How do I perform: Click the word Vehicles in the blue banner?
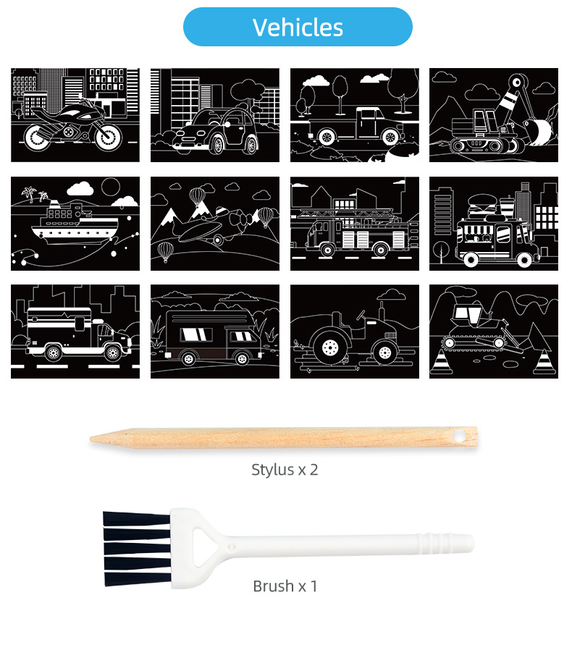(x=298, y=28)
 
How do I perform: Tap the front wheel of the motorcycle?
(x=109, y=136)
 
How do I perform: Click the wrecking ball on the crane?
(x=539, y=131)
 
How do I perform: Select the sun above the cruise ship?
(x=111, y=187)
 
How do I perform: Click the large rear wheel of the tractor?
(x=330, y=347)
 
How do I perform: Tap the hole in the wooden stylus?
(x=458, y=435)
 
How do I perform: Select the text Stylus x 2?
(x=285, y=470)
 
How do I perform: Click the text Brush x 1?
(x=285, y=586)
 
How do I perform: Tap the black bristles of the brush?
(x=137, y=548)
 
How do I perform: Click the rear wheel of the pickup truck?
(x=327, y=137)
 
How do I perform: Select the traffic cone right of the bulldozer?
(x=544, y=363)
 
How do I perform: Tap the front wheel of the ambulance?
(x=113, y=353)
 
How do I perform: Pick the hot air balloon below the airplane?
(x=166, y=251)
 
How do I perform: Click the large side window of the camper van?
(x=196, y=334)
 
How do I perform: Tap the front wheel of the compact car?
(x=217, y=144)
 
